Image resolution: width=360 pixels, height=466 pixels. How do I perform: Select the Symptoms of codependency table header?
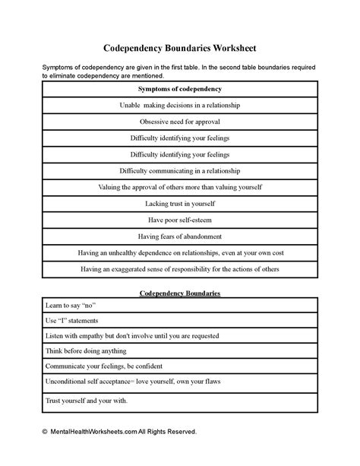pos(179,89)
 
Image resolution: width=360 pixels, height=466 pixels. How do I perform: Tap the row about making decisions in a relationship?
pos(179,106)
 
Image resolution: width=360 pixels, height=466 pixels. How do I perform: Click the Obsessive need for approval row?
pos(179,122)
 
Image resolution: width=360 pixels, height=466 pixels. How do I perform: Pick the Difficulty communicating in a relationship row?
pos(179,170)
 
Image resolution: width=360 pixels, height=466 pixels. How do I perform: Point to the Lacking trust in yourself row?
pos(179,204)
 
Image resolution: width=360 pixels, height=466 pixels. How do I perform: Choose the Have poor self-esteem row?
pos(179,220)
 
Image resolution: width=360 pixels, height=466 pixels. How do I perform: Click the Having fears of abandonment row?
pos(179,236)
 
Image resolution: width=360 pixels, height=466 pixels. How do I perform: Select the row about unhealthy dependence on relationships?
pos(179,252)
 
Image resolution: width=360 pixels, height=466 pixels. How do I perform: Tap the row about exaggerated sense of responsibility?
pos(179,269)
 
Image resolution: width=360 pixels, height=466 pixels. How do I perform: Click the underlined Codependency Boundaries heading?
pos(179,293)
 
